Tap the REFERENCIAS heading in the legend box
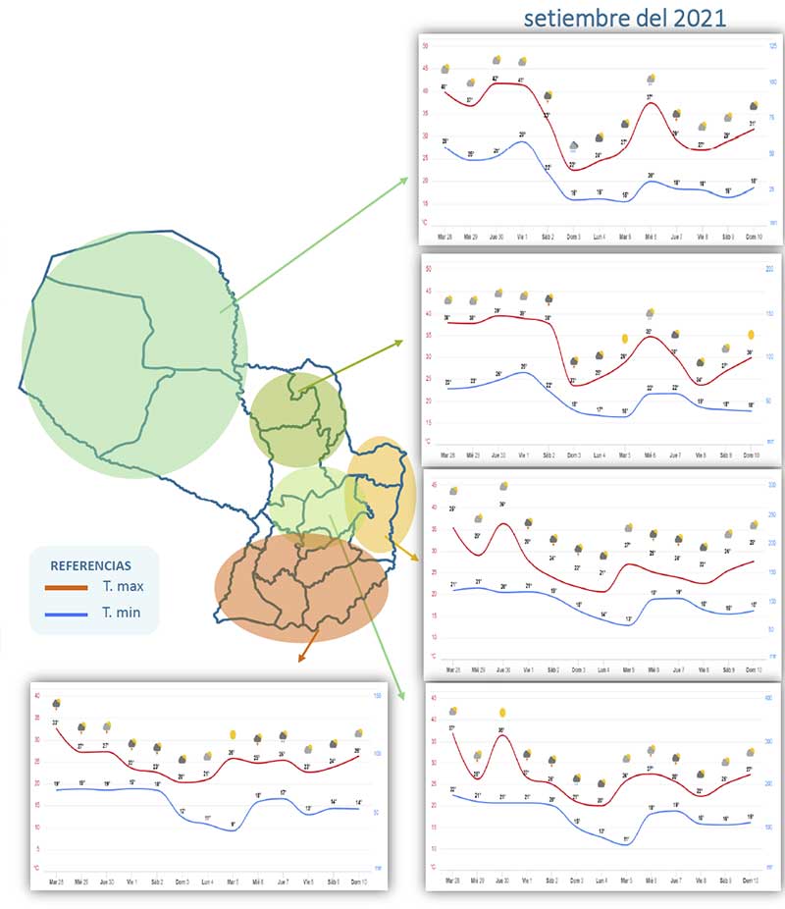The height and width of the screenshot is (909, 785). click(90, 565)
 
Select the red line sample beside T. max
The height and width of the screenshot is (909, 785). click(68, 588)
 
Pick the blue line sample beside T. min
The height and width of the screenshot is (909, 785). click(68, 613)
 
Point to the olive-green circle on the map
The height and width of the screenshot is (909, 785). click(297, 417)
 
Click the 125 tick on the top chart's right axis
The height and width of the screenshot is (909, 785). click(772, 47)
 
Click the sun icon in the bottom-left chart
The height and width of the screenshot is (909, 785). click(233, 734)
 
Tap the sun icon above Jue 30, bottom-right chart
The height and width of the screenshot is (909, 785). click(502, 712)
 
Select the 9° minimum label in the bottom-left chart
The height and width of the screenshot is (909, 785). click(233, 824)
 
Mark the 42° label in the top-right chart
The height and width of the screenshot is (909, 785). click(496, 78)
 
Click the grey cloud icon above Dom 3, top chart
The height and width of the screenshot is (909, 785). click(574, 147)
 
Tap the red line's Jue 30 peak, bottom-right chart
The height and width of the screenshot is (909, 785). click(501, 735)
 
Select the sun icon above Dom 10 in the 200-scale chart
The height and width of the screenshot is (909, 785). click(752, 336)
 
